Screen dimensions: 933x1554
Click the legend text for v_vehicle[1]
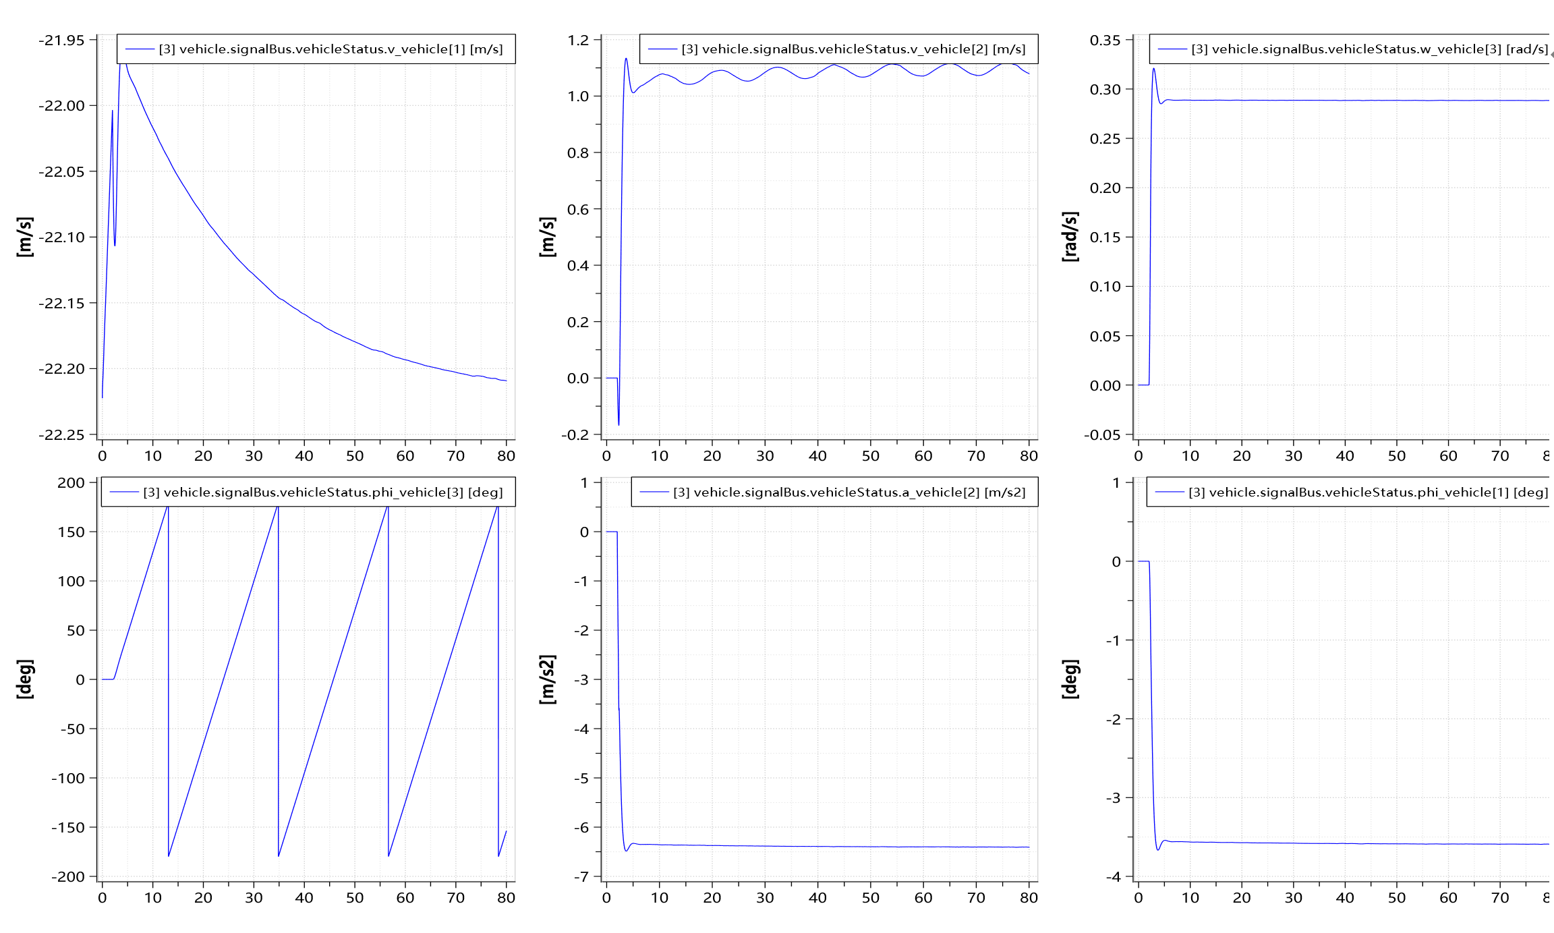tap(330, 49)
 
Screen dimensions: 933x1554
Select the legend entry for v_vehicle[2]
tap(853, 49)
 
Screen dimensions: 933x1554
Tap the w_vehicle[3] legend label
tap(1369, 49)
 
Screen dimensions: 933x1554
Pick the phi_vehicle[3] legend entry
tap(323, 492)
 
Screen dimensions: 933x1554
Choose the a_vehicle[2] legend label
tap(849, 492)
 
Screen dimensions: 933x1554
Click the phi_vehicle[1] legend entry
tap(1368, 492)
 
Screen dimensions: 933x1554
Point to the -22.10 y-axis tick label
tap(62, 237)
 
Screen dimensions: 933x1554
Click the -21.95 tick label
tap(62, 40)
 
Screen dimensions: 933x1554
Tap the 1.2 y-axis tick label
tap(579, 40)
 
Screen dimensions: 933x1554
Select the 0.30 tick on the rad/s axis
tap(1105, 90)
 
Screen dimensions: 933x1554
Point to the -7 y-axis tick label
tap(581, 877)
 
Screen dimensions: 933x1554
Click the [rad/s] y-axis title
tap(1070, 237)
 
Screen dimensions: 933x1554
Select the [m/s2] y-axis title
tap(548, 679)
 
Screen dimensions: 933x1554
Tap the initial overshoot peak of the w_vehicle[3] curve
tap(1153, 69)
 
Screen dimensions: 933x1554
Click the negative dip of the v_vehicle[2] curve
tap(618, 424)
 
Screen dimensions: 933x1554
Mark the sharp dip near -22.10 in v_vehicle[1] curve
tap(115, 245)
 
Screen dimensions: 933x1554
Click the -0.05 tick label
tap(1102, 435)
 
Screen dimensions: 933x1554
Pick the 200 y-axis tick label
tap(71, 483)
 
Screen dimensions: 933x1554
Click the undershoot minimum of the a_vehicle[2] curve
tap(627, 851)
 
